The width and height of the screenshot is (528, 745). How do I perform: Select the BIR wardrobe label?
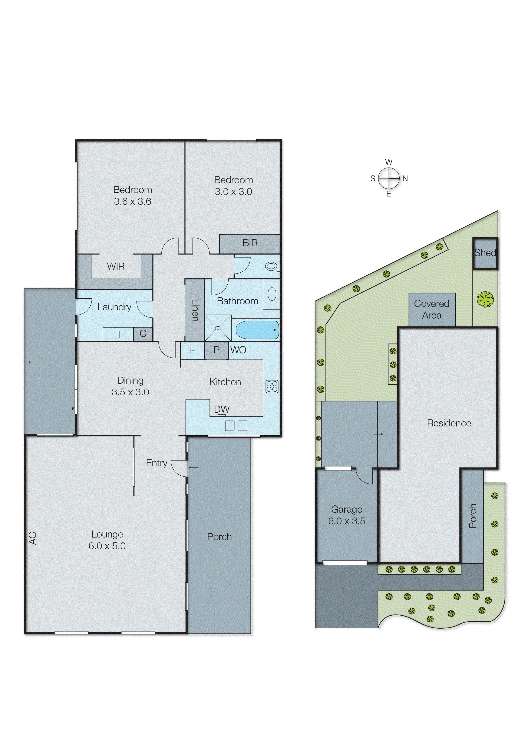(x=250, y=243)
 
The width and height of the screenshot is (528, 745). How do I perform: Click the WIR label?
(x=116, y=266)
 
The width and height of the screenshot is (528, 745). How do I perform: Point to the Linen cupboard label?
(x=195, y=310)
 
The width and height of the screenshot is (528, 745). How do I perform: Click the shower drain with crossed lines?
(x=218, y=328)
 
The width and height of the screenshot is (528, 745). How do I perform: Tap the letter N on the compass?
(x=405, y=178)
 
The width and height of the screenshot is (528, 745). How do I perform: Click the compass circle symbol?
(x=389, y=178)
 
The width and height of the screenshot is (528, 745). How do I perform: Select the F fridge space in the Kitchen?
(x=192, y=350)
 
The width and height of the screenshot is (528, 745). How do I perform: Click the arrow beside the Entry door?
(x=194, y=468)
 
